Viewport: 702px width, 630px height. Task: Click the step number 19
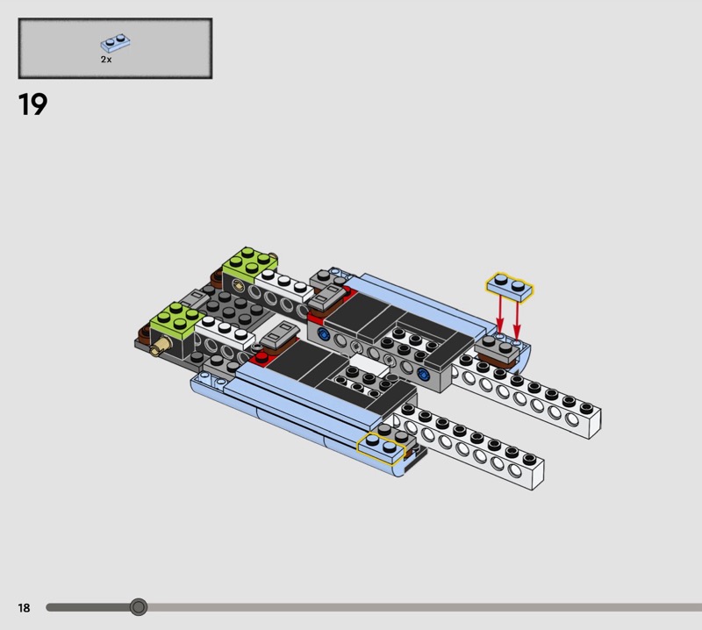click(32, 104)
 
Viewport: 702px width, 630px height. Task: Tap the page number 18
click(25, 607)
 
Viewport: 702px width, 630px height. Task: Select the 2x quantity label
click(106, 59)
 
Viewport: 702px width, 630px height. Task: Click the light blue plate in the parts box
click(116, 42)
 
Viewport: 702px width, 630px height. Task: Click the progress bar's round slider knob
click(139, 607)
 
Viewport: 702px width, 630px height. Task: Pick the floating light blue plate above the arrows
click(510, 287)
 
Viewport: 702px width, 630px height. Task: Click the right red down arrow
click(517, 320)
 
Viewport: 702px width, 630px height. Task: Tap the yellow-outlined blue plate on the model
click(381, 448)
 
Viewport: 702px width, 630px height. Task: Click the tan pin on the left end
click(161, 346)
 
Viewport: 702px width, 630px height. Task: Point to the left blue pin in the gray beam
click(323, 333)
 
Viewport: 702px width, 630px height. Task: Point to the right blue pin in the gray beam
click(421, 374)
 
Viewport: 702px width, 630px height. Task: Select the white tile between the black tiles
click(369, 365)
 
